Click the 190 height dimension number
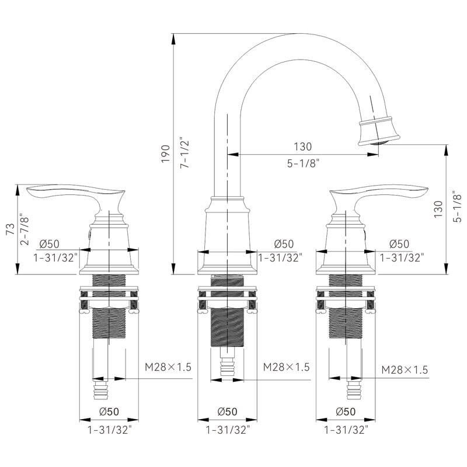(166, 154)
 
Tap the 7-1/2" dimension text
(184, 152)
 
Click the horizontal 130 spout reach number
(303, 147)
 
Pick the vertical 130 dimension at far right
(438, 209)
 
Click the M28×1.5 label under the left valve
(168, 367)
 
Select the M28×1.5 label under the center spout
(286, 367)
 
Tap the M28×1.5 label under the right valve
(405, 370)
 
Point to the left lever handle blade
(75, 190)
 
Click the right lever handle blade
(379, 190)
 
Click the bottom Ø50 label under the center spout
(227, 412)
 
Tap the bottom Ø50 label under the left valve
(109, 412)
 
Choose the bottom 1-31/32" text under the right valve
(346, 430)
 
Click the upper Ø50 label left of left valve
(50, 244)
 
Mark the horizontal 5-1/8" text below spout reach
(303, 163)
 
